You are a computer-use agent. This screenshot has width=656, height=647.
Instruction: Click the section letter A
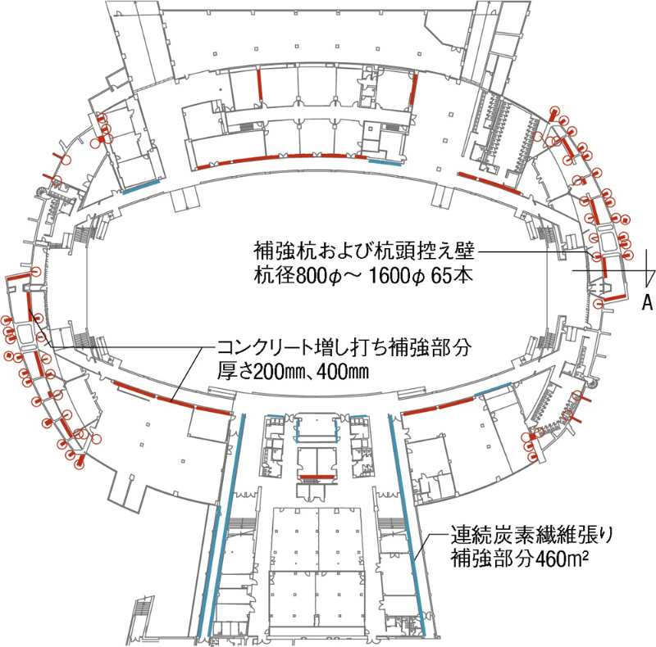tap(646, 303)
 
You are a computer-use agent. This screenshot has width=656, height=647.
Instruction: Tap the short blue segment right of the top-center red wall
tap(385, 162)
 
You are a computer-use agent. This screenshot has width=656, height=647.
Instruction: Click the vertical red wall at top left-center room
tap(259, 85)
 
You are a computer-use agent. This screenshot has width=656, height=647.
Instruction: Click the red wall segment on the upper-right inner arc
tap(490, 182)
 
